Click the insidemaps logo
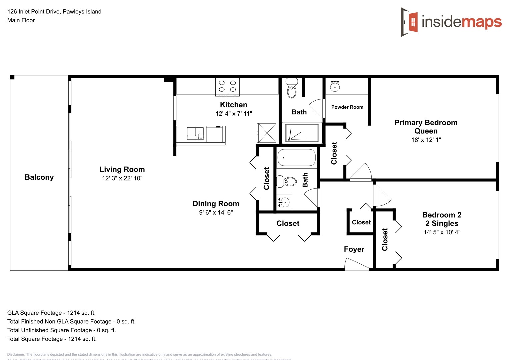[x=451, y=22]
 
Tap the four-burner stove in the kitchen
[x=227, y=86]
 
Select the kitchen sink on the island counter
[x=195, y=133]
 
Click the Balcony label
[x=39, y=177]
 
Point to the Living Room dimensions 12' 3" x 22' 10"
[x=122, y=178]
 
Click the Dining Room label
[x=216, y=204]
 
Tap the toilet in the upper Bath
[x=292, y=89]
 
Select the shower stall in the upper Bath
[x=302, y=133]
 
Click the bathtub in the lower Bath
[x=296, y=158]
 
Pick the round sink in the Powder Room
[x=335, y=87]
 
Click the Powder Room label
[x=347, y=107]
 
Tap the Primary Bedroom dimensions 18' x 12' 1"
[x=426, y=140]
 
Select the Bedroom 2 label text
[x=442, y=215]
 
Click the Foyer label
[x=354, y=249]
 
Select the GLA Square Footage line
[x=51, y=313]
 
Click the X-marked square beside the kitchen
[x=266, y=133]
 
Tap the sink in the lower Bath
[x=284, y=202]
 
